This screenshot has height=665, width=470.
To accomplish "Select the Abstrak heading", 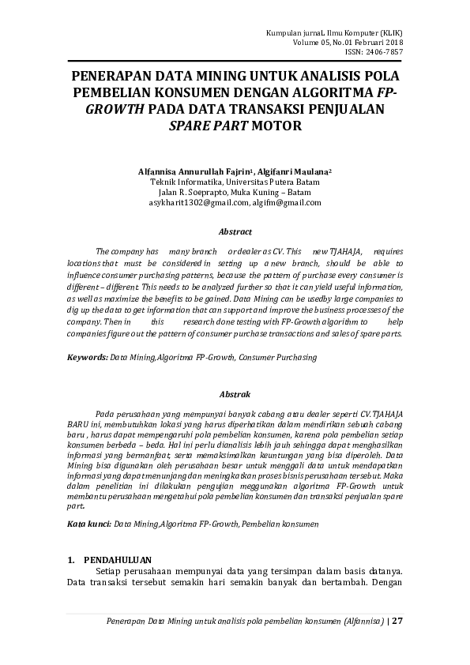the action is [235, 393].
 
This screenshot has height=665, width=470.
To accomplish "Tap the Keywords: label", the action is [87, 357].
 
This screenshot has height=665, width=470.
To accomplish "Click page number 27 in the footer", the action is [397, 620].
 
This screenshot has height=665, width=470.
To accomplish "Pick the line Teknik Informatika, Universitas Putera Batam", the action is [235, 181].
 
